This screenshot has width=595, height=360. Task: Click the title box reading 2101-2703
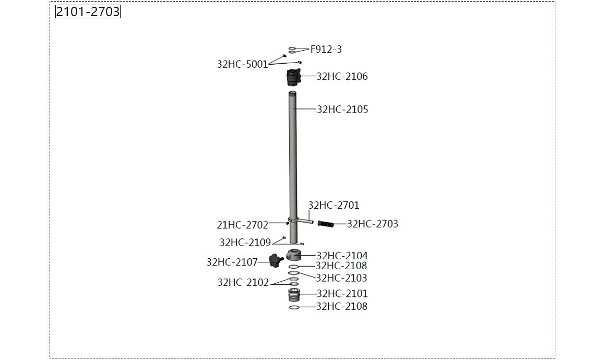pyautogui.click(x=88, y=11)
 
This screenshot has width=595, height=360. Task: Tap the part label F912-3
pyautogui.click(x=326, y=50)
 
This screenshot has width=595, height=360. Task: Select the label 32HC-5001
pyautogui.click(x=242, y=65)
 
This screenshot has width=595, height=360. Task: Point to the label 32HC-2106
pyautogui.click(x=342, y=77)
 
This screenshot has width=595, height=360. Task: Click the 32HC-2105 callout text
pyautogui.click(x=342, y=110)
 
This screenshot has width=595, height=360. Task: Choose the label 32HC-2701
pyautogui.click(x=334, y=206)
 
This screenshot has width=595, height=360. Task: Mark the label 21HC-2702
pyautogui.click(x=242, y=225)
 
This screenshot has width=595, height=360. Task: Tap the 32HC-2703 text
pyautogui.click(x=372, y=224)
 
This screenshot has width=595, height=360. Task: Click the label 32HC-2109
pyautogui.click(x=245, y=243)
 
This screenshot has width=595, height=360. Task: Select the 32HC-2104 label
pyautogui.click(x=342, y=256)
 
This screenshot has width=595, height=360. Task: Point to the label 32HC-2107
pyautogui.click(x=232, y=262)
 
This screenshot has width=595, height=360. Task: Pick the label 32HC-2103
pyautogui.click(x=341, y=278)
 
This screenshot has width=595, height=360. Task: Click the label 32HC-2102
pyautogui.click(x=243, y=283)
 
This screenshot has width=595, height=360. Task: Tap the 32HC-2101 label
pyautogui.click(x=342, y=294)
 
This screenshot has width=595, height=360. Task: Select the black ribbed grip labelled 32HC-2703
pyautogui.click(x=326, y=224)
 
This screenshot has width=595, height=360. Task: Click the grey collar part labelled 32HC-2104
pyautogui.click(x=295, y=256)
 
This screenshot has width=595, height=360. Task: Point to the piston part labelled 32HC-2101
pyautogui.click(x=294, y=296)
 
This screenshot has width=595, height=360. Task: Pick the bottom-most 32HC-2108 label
pyautogui.click(x=342, y=307)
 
